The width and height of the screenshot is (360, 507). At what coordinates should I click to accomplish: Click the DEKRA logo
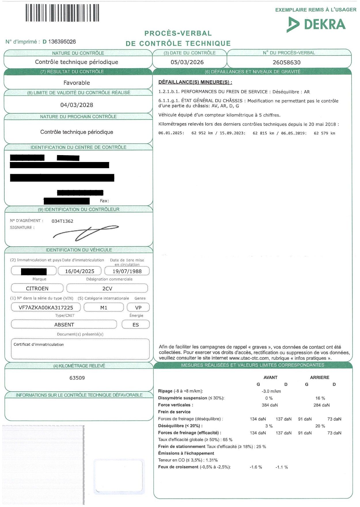316,24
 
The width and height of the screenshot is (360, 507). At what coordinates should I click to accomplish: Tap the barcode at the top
62,13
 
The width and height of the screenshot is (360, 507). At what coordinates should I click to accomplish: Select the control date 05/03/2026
187,62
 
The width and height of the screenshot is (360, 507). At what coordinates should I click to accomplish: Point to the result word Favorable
77,83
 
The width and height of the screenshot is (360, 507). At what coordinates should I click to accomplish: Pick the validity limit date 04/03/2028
77,105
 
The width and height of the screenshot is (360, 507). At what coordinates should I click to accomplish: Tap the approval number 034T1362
62,221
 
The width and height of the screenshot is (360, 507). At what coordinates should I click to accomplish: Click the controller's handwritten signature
86,232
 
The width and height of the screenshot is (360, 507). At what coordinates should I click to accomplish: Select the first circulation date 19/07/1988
127,271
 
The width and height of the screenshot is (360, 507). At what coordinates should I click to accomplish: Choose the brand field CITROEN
37,289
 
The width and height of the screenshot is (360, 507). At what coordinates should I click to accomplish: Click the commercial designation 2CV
107,289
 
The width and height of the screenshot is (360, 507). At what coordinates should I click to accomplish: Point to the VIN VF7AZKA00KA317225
46,308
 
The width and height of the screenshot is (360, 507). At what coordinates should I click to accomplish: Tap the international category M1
104,308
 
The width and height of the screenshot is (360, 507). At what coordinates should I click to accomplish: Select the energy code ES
136,325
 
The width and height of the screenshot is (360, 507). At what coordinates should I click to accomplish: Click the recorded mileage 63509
77,378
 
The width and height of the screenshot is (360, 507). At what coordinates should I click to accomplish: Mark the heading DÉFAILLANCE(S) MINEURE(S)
195,82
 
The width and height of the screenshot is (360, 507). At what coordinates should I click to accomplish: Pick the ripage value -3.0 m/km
271,391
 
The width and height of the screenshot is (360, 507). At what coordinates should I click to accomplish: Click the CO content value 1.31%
212,460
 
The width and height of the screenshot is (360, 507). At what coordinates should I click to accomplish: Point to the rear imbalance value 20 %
320,426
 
